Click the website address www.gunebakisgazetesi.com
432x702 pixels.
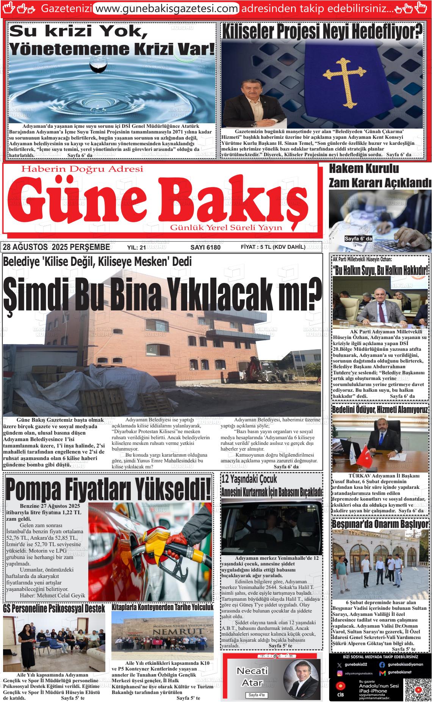coord(166,8)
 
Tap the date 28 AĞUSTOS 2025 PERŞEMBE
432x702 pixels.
coord(56,247)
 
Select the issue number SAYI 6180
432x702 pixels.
coord(205,247)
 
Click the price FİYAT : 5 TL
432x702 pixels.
coord(273,247)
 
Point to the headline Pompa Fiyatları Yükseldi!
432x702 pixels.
coord(108,490)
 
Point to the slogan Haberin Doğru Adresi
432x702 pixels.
coord(83,169)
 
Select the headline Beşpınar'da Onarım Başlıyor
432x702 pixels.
coord(380,524)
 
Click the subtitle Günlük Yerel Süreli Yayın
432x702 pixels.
coord(226,227)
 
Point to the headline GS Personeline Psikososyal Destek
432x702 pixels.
coord(54,608)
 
